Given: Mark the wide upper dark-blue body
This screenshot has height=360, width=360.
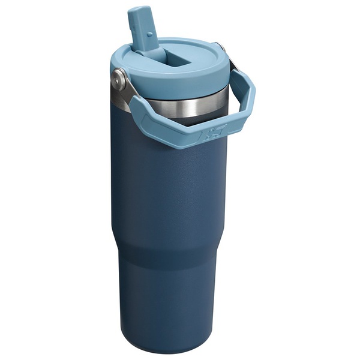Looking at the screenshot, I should pos(174,192).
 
